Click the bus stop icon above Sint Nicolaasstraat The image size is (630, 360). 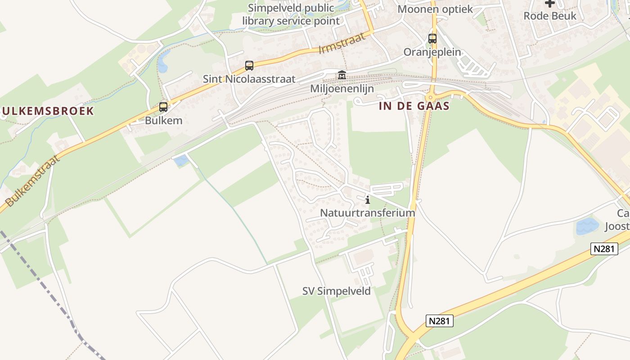(249, 66)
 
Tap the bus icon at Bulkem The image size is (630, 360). (163, 107)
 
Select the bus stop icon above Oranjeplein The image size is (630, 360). (432, 39)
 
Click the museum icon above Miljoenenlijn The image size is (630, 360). (342, 75)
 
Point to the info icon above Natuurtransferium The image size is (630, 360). (368, 200)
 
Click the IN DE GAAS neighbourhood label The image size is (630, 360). (414, 106)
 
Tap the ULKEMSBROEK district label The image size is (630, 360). (47, 111)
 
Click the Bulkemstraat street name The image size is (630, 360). (32, 180)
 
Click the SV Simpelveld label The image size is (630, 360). (337, 291)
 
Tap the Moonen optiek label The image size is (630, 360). (435, 9)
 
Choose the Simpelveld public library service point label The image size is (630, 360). (291, 14)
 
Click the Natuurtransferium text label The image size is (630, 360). (367, 212)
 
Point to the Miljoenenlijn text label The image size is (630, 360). (342, 89)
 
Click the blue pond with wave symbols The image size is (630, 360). (587, 226)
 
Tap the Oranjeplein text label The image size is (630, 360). (432, 52)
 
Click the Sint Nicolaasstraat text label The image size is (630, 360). (249, 79)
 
